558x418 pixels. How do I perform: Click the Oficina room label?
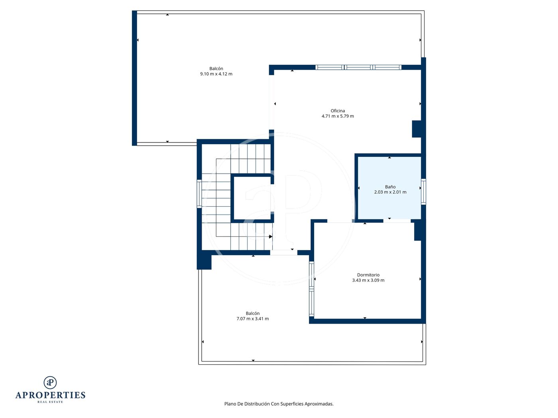coord(337,111)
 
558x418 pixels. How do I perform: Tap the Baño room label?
coord(390,187)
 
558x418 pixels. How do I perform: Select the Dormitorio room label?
coord(368,275)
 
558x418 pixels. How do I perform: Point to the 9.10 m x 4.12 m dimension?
coord(216,74)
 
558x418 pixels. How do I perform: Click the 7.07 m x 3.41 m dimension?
coord(252,318)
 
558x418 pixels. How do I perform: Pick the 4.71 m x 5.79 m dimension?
coord(338,116)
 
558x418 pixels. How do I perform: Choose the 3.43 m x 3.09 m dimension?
coord(368,280)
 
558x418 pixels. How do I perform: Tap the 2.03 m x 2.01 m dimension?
coord(390,192)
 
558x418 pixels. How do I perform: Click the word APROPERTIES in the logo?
coord(50,395)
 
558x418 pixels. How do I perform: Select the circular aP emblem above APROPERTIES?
coord(50,383)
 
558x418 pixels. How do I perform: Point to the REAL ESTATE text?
coord(50,402)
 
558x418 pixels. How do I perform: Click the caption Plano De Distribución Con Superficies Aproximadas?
coord(279,404)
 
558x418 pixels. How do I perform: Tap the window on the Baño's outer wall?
coord(423,191)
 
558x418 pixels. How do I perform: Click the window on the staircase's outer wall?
coord(199,194)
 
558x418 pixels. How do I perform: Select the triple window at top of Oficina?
coord(358,67)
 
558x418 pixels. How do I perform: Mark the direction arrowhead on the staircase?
coord(271,236)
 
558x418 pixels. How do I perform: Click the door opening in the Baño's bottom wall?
coord(397,221)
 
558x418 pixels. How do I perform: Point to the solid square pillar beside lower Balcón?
coord(204,260)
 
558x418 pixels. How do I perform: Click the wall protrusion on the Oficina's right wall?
coord(417,129)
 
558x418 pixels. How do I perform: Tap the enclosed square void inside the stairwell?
coord(252,198)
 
